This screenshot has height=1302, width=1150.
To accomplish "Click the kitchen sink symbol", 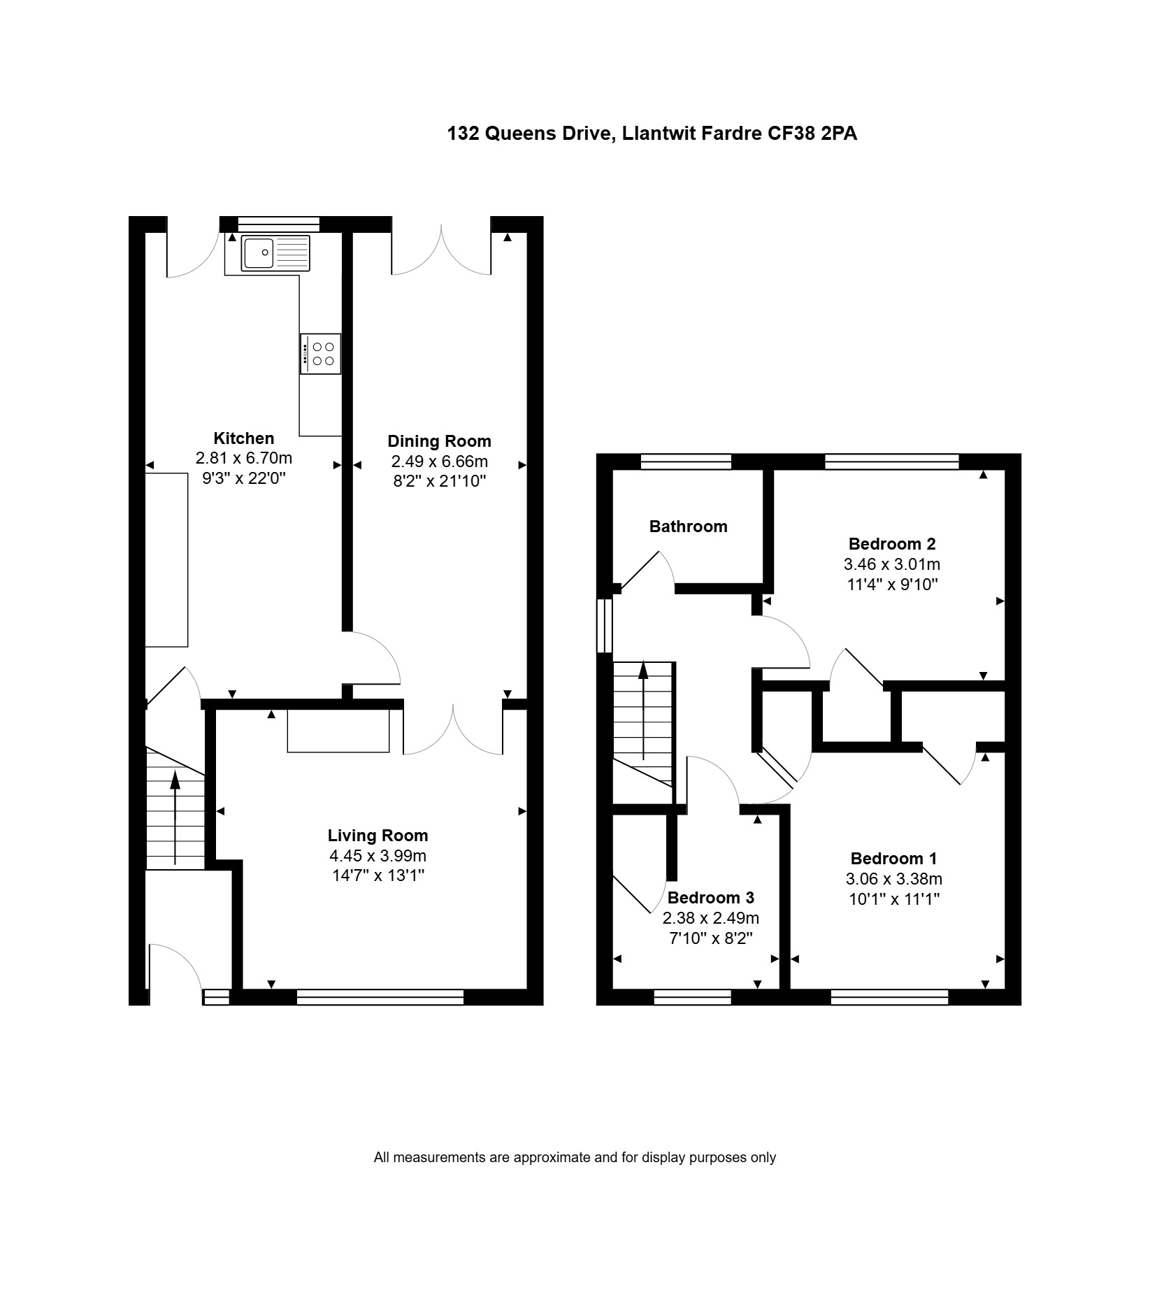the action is (x=275, y=253).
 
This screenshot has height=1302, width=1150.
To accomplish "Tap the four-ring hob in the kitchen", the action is (x=321, y=354).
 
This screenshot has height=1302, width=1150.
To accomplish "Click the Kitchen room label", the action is (x=243, y=438).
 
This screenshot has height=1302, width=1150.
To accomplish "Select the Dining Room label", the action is (x=439, y=441).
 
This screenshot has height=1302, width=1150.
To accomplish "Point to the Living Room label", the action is (x=378, y=836).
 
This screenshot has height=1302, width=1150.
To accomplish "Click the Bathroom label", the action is (x=688, y=527).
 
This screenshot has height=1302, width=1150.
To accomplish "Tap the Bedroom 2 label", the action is (x=892, y=543).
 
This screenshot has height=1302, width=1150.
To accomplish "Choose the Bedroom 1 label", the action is (x=893, y=859).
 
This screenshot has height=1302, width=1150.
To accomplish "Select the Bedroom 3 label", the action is (x=710, y=898).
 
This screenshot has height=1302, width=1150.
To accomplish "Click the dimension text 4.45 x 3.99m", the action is (x=378, y=856).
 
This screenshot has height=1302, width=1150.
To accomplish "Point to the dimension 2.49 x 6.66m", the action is (x=439, y=462).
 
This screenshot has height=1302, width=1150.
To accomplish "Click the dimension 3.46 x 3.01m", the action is (x=892, y=564).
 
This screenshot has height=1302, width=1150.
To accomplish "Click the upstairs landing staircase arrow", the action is (x=643, y=710).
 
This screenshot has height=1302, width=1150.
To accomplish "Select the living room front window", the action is (x=380, y=996).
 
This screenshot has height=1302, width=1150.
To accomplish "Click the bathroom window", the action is (x=686, y=462).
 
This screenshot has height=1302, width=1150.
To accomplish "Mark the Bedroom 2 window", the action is (x=892, y=462).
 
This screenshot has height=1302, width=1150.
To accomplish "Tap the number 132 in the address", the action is (x=463, y=133).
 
